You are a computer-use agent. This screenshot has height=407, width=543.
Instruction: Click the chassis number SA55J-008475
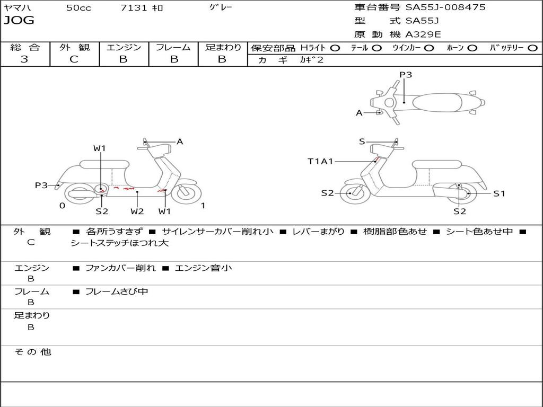tap(445, 7)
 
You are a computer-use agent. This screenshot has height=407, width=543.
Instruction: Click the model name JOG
tap(19, 21)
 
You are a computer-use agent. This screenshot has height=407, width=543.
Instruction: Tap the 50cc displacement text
tap(78, 8)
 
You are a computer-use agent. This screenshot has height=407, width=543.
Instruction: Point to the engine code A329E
tap(423, 34)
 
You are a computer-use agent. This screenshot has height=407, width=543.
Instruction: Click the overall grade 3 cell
tap(24, 59)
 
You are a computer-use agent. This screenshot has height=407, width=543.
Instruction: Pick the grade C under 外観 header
tap(74, 59)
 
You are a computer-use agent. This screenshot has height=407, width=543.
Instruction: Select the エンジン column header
tap(124, 47)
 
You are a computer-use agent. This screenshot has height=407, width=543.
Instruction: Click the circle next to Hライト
tap(335, 48)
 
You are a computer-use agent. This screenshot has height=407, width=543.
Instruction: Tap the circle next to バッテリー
tap(532, 48)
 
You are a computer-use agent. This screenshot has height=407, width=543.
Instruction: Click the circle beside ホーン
tap(472, 48)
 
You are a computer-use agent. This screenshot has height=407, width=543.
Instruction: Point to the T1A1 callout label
tap(320, 161)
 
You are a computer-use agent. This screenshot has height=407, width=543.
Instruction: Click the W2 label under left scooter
tap(137, 211)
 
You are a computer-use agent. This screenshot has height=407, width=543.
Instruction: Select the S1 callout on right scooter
tap(499, 193)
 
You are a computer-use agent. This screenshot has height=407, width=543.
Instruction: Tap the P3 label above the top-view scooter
tap(406, 75)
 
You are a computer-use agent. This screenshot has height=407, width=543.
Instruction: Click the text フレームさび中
tap(117, 291)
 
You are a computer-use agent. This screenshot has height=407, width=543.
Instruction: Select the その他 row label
tap(32, 352)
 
